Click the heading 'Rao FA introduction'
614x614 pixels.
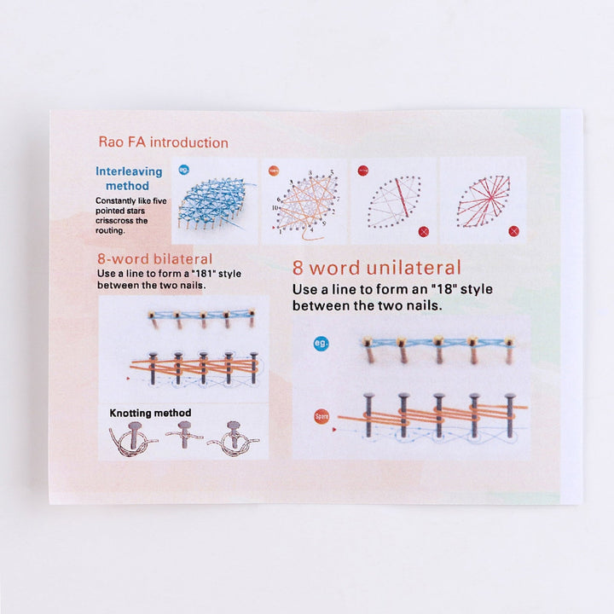pyautogui.click(x=163, y=142)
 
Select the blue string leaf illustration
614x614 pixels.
pyautogui.click(x=215, y=201)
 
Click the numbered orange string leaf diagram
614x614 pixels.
pyautogui.click(x=304, y=201)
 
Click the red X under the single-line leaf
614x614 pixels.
pyautogui.click(x=424, y=231)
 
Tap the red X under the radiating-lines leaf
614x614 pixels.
pyautogui.click(x=513, y=231)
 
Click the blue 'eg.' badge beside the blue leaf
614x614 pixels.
pyautogui.click(x=183, y=170)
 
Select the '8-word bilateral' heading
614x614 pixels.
pyautogui.click(x=155, y=258)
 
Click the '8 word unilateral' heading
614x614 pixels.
pyautogui.click(x=376, y=267)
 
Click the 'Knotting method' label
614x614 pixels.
pyautogui.click(x=150, y=414)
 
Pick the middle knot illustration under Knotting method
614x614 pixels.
pyautogui.click(x=182, y=437)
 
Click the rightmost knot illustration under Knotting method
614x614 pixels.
pyautogui.click(x=234, y=438)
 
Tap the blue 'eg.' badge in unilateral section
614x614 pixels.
pyautogui.click(x=321, y=344)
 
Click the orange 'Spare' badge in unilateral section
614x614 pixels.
pyautogui.click(x=321, y=417)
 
